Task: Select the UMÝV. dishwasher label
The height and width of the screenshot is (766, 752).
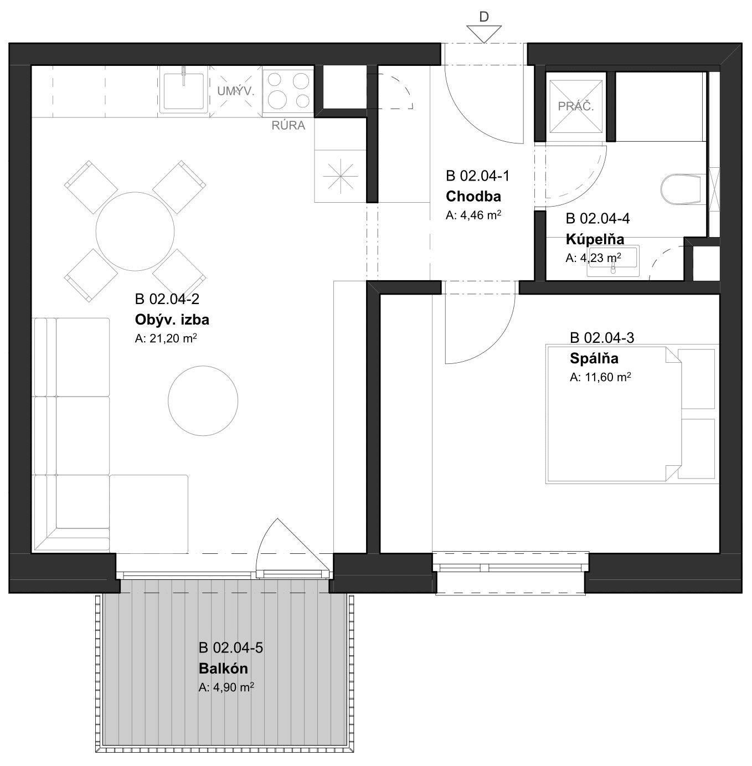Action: click(x=236, y=91)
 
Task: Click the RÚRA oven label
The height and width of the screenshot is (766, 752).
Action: click(x=288, y=126)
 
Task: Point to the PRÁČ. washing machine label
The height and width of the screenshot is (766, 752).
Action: click(x=575, y=106)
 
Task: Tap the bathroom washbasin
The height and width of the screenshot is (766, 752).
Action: click(x=613, y=261)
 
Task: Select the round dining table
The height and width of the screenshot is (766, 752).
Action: click(x=135, y=232)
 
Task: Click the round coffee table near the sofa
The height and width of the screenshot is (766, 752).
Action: click(x=203, y=400)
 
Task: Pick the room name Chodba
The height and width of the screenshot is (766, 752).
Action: click(x=473, y=196)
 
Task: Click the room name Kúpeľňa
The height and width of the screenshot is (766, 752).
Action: click(x=595, y=239)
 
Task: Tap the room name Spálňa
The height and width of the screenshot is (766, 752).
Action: click(x=594, y=358)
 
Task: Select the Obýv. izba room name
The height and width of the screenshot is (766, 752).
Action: click(x=172, y=319)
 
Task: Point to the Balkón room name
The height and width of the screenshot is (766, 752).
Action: click(x=223, y=668)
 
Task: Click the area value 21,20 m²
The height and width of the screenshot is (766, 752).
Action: click(x=166, y=338)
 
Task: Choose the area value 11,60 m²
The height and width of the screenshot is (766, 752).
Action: click(x=600, y=377)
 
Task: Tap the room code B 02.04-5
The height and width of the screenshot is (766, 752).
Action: click(x=230, y=647)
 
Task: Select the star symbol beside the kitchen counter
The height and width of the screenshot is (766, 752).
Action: click(x=340, y=176)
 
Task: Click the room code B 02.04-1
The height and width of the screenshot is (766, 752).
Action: click(x=477, y=176)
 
